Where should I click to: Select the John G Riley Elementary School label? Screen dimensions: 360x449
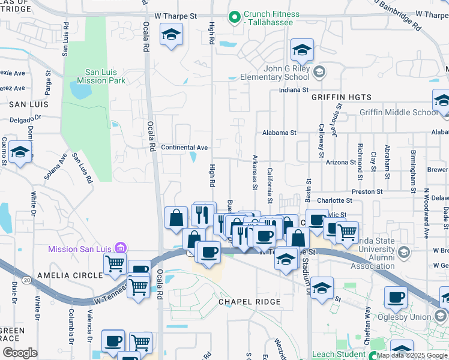275,73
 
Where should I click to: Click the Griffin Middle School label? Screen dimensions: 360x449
398,112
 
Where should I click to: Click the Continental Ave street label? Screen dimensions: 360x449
184,148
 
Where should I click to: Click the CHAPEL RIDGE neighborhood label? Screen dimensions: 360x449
249,302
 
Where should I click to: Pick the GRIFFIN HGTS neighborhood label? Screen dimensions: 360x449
342,97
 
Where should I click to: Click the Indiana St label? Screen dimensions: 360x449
292,91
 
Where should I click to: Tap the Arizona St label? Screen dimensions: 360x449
341,163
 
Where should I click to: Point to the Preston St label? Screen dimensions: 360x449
367,192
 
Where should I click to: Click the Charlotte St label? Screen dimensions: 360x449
334,200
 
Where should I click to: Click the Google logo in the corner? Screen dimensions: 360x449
20,353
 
